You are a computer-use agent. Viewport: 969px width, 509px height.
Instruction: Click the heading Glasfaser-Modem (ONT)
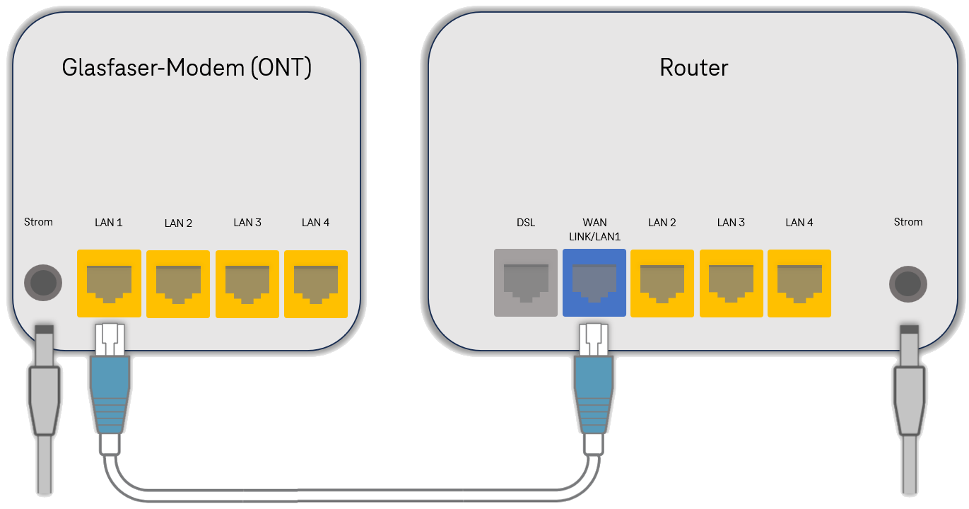click(x=187, y=68)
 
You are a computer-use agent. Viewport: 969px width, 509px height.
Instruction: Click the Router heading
click(x=693, y=68)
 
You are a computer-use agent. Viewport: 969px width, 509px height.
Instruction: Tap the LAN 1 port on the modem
click(x=109, y=283)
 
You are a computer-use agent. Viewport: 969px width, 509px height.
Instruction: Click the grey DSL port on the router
click(x=525, y=283)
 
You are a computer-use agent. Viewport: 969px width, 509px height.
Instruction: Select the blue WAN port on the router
click(x=594, y=283)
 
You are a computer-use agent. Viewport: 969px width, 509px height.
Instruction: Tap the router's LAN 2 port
click(x=662, y=283)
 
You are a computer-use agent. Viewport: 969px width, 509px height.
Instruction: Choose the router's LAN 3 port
click(x=731, y=283)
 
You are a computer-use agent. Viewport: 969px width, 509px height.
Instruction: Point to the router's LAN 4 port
click(x=799, y=283)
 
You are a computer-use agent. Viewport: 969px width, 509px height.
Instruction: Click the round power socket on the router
click(x=908, y=283)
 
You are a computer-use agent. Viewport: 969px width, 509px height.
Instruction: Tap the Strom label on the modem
click(x=38, y=222)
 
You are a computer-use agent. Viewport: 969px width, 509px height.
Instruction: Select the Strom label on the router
click(x=908, y=222)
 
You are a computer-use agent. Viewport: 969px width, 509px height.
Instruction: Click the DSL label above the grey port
click(x=526, y=223)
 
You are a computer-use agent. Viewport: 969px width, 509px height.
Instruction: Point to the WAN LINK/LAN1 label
click(x=594, y=230)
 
